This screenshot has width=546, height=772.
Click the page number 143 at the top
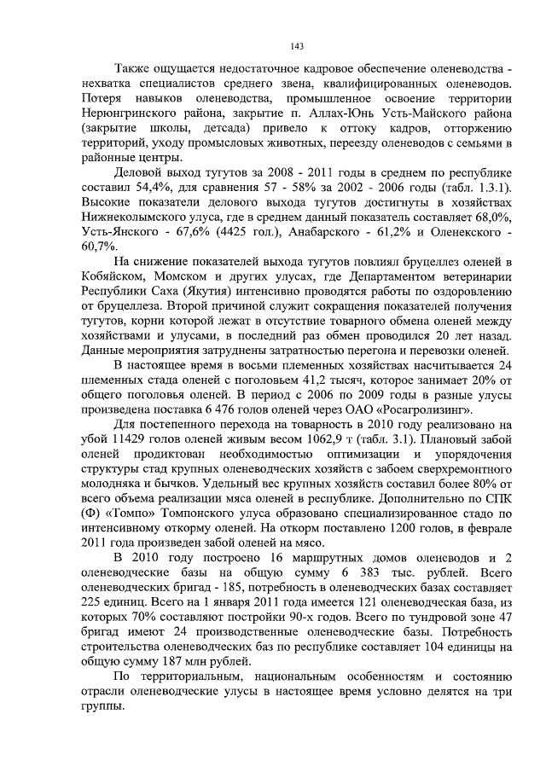point(297,46)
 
